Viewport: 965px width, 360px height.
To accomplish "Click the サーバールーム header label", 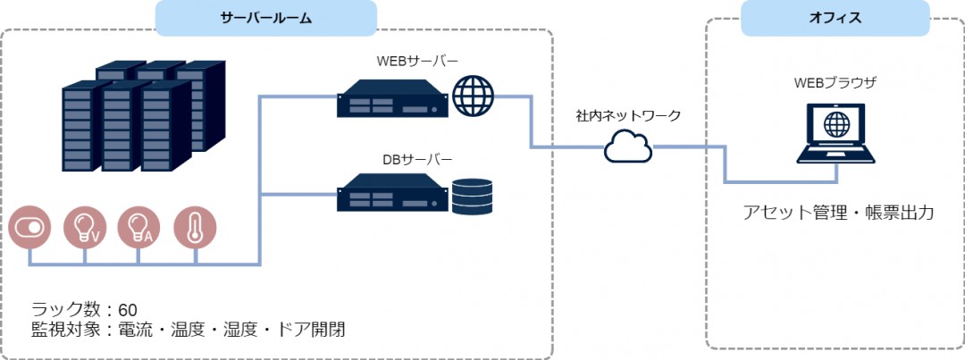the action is point(266,18).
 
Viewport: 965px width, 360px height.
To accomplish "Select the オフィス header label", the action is point(835,18).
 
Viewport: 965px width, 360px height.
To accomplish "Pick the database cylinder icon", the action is point(472,197).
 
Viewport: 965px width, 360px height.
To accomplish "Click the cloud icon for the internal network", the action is point(628,146).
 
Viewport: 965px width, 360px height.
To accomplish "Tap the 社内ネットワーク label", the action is point(628,116).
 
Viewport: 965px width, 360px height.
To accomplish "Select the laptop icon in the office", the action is point(835,133).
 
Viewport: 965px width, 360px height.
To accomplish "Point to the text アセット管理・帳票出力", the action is point(838,213).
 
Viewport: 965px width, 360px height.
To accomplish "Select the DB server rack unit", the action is point(391,193).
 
